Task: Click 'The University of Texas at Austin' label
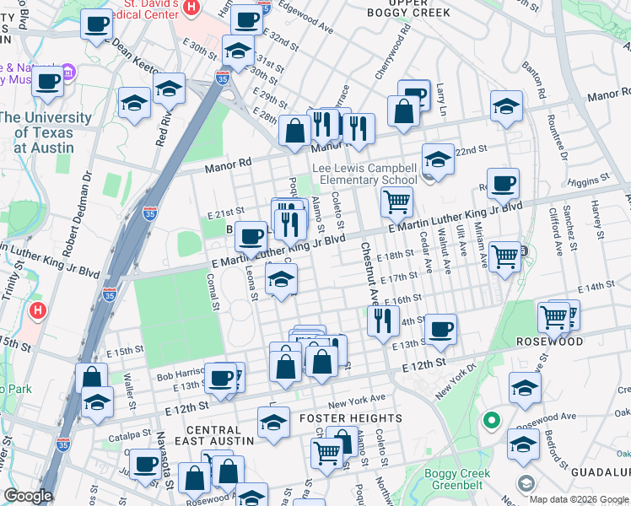coord(47,132)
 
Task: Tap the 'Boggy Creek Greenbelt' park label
coord(461,479)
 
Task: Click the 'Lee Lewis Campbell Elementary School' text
coord(364,175)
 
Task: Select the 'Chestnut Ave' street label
coord(369,272)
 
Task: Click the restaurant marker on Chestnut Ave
coord(383,320)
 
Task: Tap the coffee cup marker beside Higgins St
coord(503,184)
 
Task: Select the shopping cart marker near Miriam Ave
coord(504,256)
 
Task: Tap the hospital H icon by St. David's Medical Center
coord(191,8)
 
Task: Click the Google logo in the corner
coord(29,497)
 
